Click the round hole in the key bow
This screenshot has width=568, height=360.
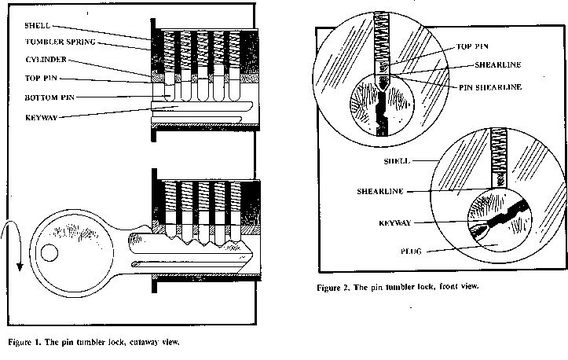(x=49, y=253)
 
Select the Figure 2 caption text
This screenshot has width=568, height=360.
(x=398, y=288)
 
